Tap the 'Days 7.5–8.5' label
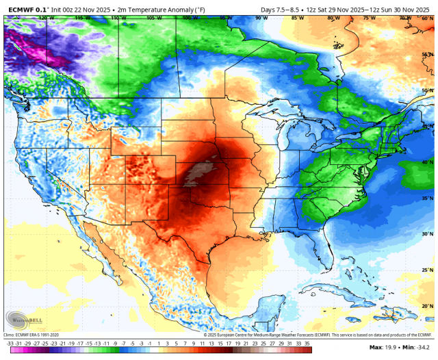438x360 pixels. (x=283, y=10)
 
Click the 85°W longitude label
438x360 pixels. (x=295, y=18)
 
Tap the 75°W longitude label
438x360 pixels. (x=368, y=18)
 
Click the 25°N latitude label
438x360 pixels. (x=427, y=270)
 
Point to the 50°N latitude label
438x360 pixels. (x=427, y=90)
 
